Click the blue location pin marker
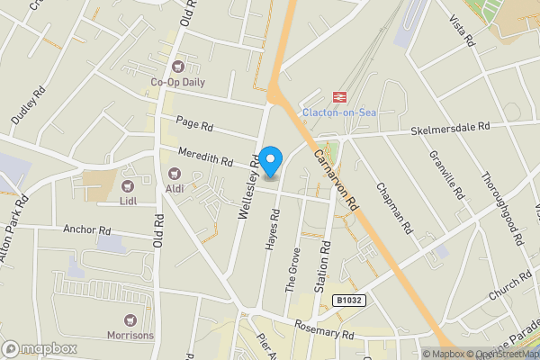click(272, 160)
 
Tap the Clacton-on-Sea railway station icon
click(341, 96)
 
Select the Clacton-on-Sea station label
click(338, 112)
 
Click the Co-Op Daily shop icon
click(178, 65)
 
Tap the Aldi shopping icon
click(174, 172)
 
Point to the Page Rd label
click(193, 125)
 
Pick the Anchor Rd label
click(85, 229)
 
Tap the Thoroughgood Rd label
click(500, 209)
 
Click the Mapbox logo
click(39, 348)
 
